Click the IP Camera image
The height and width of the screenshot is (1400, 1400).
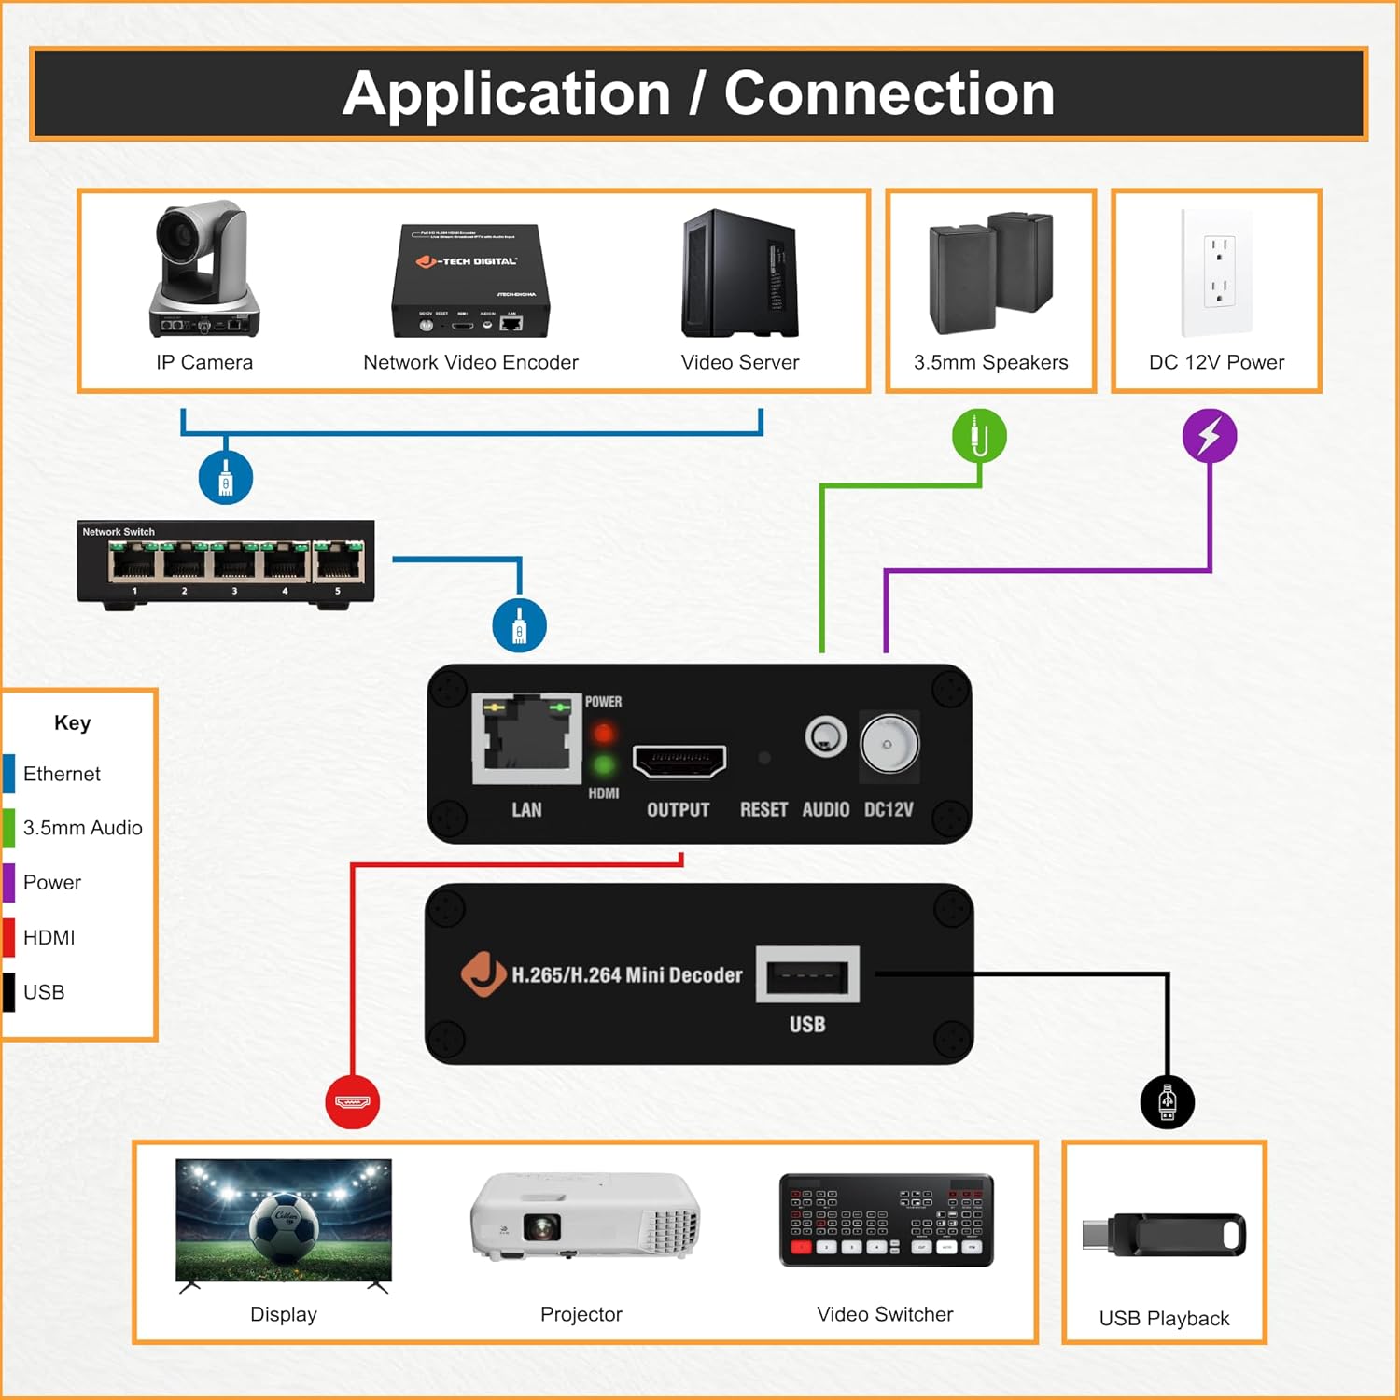tap(203, 271)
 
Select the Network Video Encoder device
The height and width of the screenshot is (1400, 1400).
tap(470, 280)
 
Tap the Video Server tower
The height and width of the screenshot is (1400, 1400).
tap(740, 274)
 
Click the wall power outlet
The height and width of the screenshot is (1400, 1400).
tap(1217, 273)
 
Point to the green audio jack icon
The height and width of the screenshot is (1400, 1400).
tap(979, 436)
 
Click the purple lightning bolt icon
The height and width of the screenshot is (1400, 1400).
tap(1210, 436)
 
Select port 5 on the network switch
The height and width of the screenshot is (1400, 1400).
tap(339, 563)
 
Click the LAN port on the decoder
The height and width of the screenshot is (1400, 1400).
tap(527, 740)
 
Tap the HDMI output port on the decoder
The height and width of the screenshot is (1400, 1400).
tap(679, 761)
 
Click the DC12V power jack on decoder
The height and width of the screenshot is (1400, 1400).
tap(889, 744)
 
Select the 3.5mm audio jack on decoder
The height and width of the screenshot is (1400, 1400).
tap(826, 737)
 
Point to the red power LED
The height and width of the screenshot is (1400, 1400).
tap(604, 733)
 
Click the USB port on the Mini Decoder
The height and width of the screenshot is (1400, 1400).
tap(807, 976)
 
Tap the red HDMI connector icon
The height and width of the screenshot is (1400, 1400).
tap(352, 1102)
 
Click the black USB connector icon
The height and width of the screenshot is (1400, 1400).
tap(1167, 1102)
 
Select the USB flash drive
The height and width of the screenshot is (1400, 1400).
tap(1164, 1236)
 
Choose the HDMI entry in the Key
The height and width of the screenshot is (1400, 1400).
tap(49, 937)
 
